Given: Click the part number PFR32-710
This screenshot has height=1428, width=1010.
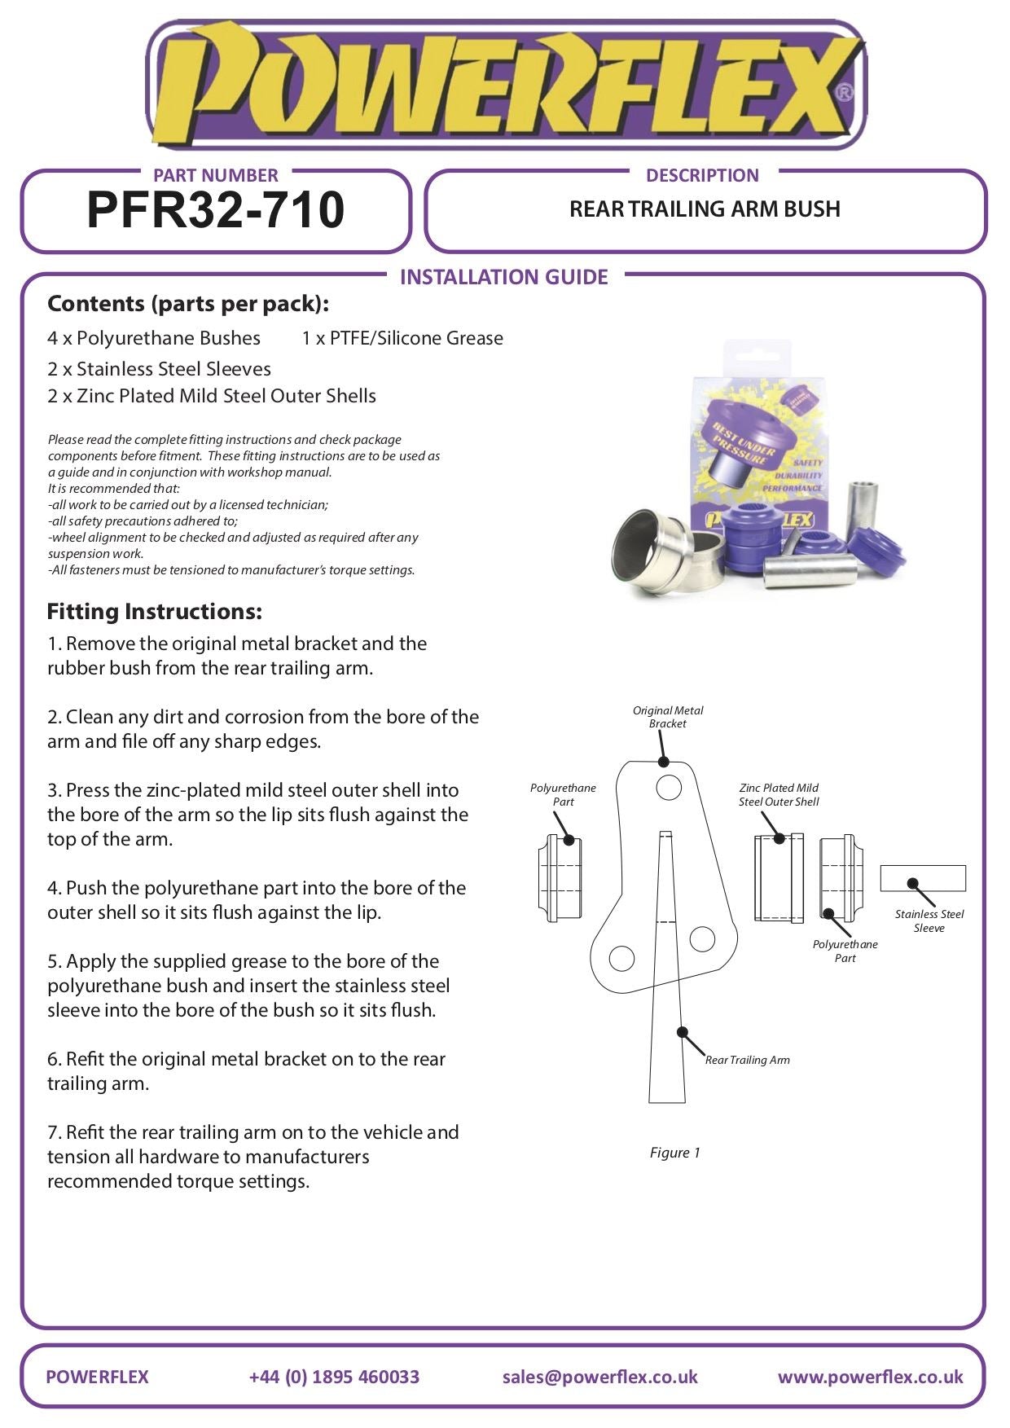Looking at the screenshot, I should (x=215, y=210).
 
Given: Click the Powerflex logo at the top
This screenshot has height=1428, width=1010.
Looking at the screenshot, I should (x=505, y=84).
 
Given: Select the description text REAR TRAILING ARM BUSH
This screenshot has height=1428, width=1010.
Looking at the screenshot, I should (x=705, y=209).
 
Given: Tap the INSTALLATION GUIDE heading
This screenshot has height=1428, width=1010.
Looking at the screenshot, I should (x=503, y=277).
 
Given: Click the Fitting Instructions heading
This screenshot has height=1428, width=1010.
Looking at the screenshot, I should (x=154, y=612).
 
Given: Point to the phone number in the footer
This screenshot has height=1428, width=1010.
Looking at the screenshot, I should (x=334, y=1377).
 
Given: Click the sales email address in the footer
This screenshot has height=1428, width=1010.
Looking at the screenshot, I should (x=599, y=1377).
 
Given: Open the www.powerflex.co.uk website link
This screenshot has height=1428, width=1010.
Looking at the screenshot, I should (x=870, y=1377).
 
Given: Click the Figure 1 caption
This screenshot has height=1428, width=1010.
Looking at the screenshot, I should (x=674, y=1153).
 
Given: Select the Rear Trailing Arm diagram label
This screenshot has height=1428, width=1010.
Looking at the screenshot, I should (x=747, y=1060).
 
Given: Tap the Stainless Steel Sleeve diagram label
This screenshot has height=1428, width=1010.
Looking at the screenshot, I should (x=929, y=921).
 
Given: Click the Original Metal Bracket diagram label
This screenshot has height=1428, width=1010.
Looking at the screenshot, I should (x=668, y=717).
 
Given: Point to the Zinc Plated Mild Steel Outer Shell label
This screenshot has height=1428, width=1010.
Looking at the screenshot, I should (x=779, y=794).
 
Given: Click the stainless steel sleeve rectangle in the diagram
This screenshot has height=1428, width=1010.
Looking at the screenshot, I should (x=923, y=878).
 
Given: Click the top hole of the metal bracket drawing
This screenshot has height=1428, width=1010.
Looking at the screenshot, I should (x=669, y=788).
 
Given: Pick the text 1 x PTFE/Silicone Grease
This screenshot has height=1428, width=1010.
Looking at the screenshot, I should (x=402, y=338).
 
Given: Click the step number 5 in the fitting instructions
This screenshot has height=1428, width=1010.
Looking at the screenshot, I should (x=53, y=961).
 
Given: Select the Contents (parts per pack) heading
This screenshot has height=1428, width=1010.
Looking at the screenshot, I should (x=188, y=304).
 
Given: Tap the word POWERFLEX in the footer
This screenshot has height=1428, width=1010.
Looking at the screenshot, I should (x=97, y=1377).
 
